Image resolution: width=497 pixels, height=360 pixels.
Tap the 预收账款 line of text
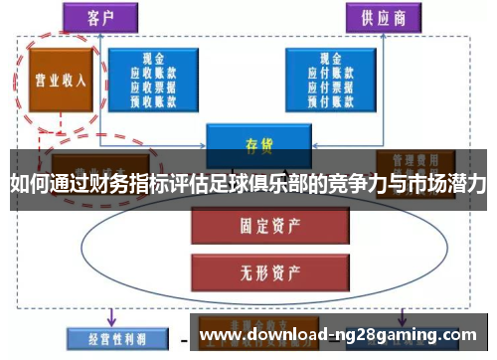click(x=153, y=99)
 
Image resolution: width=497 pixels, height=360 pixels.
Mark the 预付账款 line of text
click(x=331, y=99)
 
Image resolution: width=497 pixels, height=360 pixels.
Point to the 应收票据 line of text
click(x=153, y=87)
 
